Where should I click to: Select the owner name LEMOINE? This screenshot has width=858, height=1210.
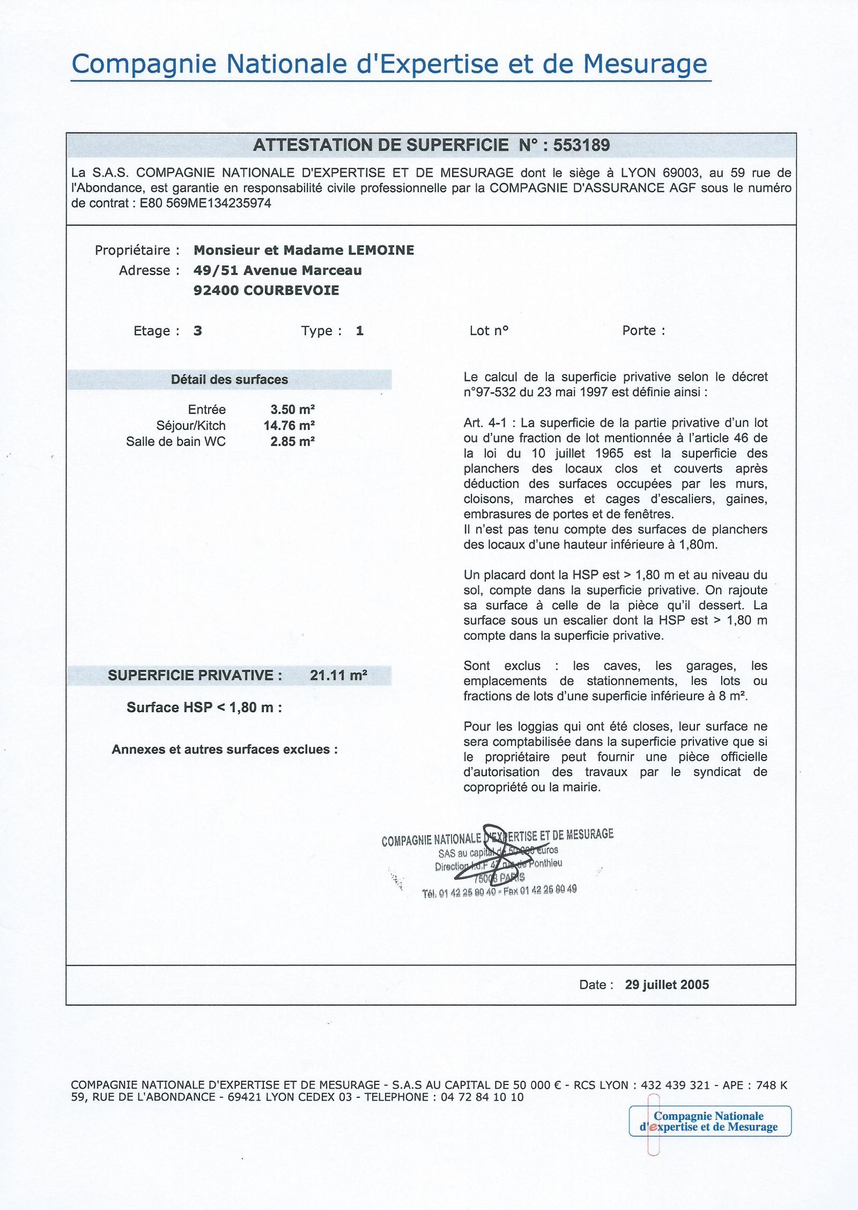pyautogui.click(x=381, y=250)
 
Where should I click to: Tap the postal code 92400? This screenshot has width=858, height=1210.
pyautogui.click(x=216, y=291)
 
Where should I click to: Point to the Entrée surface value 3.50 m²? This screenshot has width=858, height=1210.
pyautogui.click(x=292, y=410)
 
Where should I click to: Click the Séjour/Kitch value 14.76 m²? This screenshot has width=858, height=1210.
pyautogui.click(x=289, y=426)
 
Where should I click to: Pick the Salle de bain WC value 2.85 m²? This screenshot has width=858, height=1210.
pyautogui.click(x=292, y=442)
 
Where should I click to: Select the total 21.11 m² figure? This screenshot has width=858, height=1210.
pyautogui.click(x=338, y=675)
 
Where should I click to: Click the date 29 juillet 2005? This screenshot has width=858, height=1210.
pyautogui.click(x=667, y=985)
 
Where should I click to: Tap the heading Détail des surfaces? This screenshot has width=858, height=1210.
pyautogui.click(x=229, y=380)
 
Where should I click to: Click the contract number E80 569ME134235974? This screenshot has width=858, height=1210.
pyautogui.click(x=205, y=203)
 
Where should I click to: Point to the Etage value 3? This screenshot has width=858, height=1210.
pyautogui.click(x=198, y=331)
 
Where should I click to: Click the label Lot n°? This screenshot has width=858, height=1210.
pyautogui.click(x=489, y=331)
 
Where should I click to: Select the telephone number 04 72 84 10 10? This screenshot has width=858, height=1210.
pyautogui.click(x=482, y=1097)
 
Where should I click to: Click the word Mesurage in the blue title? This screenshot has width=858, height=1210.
pyautogui.click(x=645, y=64)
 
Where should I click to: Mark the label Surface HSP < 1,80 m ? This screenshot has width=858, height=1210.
pyautogui.click(x=204, y=707)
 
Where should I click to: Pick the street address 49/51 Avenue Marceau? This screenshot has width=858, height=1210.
pyautogui.click(x=277, y=271)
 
